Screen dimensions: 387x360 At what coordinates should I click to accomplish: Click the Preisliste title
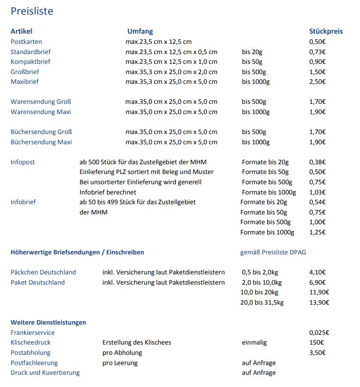[32, 11]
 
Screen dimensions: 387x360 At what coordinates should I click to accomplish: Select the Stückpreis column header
[326, 31]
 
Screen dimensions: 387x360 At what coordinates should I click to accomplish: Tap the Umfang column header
[140, 31]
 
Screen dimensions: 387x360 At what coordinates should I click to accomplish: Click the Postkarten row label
[26, 41]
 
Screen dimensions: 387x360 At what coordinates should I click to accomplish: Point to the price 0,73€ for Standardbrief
[318, 52]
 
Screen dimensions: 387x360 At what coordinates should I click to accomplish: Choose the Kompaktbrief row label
[31, 62]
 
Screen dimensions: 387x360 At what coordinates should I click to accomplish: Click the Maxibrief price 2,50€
[318, 82]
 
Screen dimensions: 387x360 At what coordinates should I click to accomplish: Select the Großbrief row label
[25, 72]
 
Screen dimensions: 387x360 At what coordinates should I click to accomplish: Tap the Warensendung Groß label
[41, 102]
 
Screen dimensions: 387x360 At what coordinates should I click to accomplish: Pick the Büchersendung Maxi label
[41, 142]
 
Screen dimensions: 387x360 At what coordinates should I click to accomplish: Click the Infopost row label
[23, 162]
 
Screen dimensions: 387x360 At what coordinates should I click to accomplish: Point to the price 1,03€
[318, 192]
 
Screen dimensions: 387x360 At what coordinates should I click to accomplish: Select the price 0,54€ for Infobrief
[318, 202]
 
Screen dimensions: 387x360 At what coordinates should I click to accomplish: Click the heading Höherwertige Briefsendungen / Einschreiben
[77, 252]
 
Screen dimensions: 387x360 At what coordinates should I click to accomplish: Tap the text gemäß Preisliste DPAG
[273, 252]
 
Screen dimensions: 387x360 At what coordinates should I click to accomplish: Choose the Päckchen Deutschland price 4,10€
[318, 272]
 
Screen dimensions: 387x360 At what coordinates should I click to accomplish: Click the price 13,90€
[319, 303]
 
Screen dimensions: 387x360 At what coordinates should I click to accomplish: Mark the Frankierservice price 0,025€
[319, 333]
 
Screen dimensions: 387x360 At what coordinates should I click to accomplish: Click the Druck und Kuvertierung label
[45, 373]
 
